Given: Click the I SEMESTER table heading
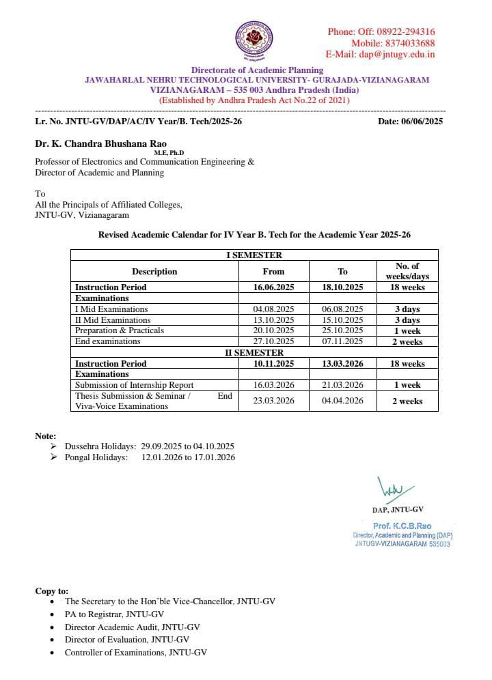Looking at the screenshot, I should coord(254,255).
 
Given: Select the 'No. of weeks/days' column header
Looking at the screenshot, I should coord(407,271).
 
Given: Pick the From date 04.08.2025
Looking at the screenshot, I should coord(273,309).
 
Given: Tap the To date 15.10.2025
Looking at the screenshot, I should coord(342,320).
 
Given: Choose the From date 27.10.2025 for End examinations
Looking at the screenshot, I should coord(273,341).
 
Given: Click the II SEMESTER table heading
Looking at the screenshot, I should coord(254,353).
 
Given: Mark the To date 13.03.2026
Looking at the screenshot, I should coord(342,364).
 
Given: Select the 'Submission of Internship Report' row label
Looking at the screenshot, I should coord(134,385).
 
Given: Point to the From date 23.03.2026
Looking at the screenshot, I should coord(273,401).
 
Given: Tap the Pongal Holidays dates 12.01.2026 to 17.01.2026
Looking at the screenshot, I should coord(188,457).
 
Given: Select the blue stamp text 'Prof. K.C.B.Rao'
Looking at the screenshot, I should coord(402,526).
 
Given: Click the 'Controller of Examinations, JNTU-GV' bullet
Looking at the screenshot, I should coord(135,653).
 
